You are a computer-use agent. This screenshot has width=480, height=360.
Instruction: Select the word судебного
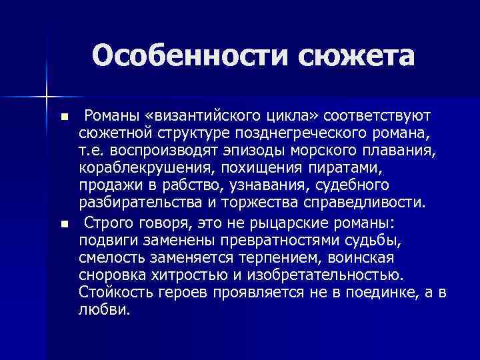click(x=352, y=183)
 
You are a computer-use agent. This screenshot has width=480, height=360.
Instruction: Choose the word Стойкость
click(x=114, y=291)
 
